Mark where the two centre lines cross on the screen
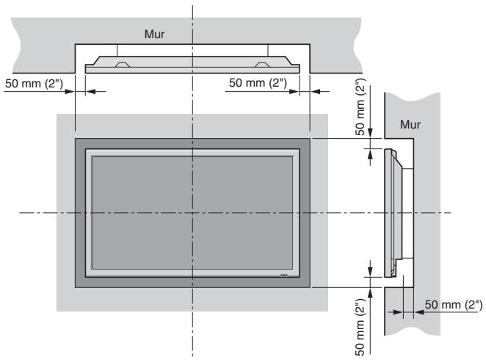(x=194, y=213)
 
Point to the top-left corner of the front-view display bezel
(x=75, y=138)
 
